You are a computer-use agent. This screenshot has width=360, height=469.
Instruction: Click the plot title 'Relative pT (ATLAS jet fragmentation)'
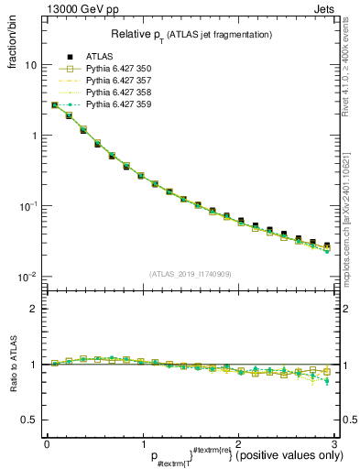(x=191, y=34)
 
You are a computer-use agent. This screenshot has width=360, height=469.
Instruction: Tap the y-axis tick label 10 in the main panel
(x=31, y=66)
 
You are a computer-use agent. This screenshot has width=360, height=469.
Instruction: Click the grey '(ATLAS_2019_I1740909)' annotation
(x=191, y=275)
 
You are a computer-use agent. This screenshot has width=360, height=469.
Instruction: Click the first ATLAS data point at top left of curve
(x=55, y=105)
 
